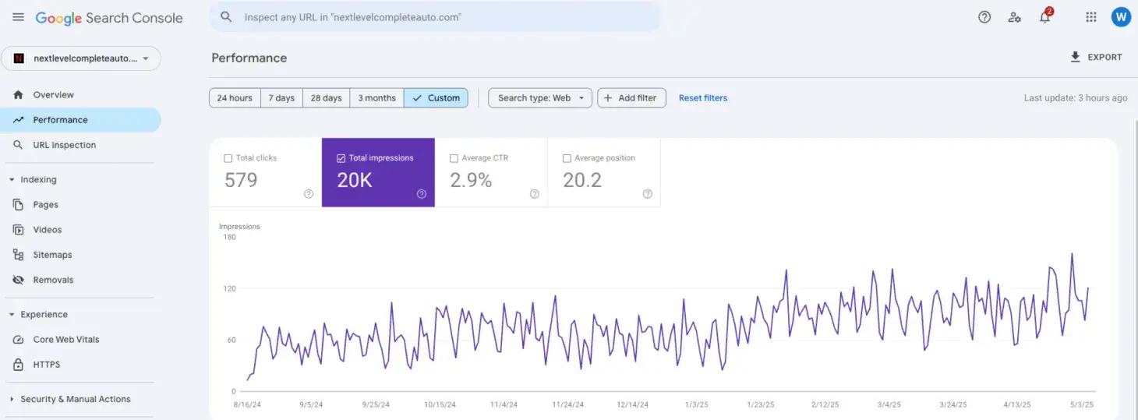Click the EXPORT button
[x=1096, y=57]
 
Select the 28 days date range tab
[x=326, y=98]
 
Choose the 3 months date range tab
[x=376, y=98]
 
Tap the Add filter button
[x=631, y=98]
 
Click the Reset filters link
[x=702, y=98]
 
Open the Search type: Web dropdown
[x=539, y=98]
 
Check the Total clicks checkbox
[x=228, y=158]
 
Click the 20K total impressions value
[x=355, y=181]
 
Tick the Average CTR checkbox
[x=454, y=158]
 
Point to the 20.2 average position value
[x=582, y=181]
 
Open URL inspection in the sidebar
[x=64, y=145]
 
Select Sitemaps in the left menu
[x=52, y=255]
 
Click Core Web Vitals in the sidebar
[x=65, y=340]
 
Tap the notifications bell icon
[x=1044, y=17]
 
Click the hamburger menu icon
[x=18, y=17]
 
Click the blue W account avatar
[x=1120, y=17]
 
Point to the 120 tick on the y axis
[x=229, y=288]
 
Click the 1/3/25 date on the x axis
[x=696, y=404]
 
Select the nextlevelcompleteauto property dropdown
[x=81, y=58]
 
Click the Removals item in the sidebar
[x=53, y=280]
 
